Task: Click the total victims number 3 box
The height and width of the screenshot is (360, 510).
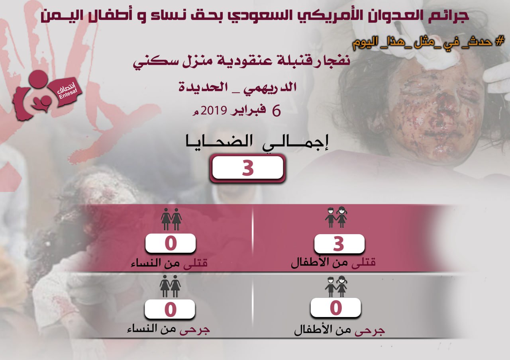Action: (x=247, y=168)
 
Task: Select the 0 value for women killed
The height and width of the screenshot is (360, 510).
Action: (x=171, y=243)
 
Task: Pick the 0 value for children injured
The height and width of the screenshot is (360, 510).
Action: (x=336, y=308)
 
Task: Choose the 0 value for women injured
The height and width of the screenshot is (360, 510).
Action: (x=170, y=309)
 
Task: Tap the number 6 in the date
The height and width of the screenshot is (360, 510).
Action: (x=277, y=111)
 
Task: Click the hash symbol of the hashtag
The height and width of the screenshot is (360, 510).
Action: (x=500, y=42)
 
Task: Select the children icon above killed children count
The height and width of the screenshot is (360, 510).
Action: (x=336, y=217)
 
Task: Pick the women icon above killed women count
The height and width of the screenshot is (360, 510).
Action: (x=171, y=219)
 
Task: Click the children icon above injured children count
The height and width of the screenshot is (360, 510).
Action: (x=336, y=286)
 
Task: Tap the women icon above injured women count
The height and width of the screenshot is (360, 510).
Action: (x=170, y=286)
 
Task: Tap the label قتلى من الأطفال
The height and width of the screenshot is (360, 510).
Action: (x=333, y=263)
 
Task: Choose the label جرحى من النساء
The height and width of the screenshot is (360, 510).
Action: (x=168, y=329)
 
